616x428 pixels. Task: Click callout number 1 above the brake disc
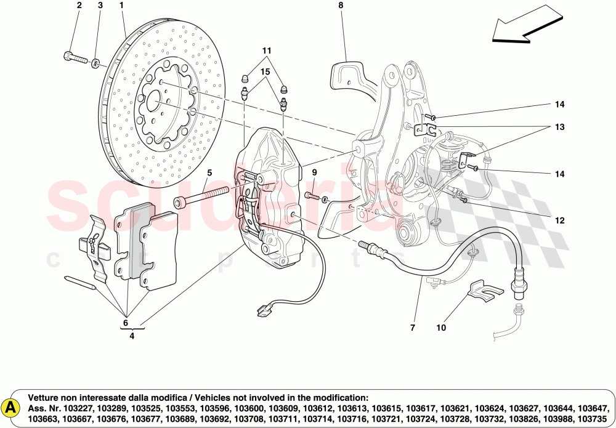tap(121, 6)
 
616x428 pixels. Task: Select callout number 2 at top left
tap(79, 6)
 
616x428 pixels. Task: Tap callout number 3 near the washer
tap(100, 6)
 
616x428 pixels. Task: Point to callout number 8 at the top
tap(340, 6)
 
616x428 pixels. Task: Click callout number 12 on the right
tap(559, 220)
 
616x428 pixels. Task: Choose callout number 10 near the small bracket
tap(440, 328)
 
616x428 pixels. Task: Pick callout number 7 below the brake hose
tap(413, 328)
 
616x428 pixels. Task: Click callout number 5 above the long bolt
tap(209, 173)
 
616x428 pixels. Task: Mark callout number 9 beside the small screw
tap(314, 172)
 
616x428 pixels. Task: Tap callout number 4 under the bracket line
tap(132, 336)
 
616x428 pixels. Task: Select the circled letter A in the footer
tap(10, 406)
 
